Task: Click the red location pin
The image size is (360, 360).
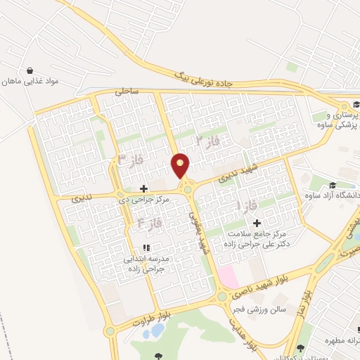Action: pyautogui.click(x=181, y=165)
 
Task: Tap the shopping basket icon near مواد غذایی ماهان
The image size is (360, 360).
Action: pyautogui.click(x=31, y=70)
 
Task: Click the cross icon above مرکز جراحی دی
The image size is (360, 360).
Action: pyautogui.click(x=144, y=188)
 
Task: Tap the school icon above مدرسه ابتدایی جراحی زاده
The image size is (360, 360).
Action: pyautogui.click(x=146, y=247)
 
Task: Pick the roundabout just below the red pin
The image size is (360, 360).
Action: pyautogui.click(x=187, y=188)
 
